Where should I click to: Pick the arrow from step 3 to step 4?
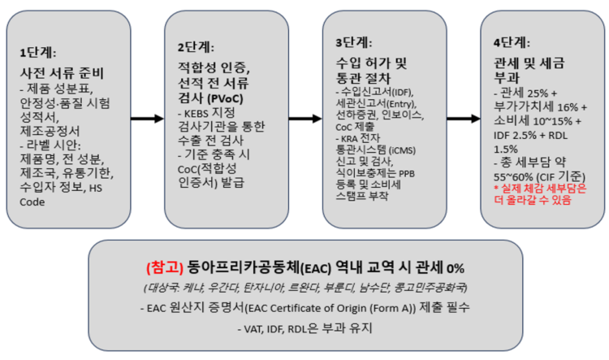(464, 119)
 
